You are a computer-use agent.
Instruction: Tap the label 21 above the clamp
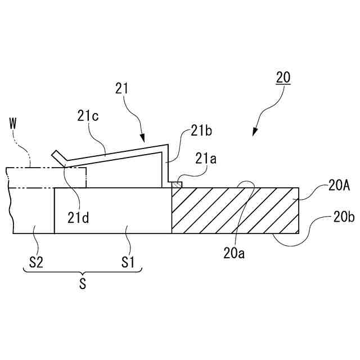(122, 88)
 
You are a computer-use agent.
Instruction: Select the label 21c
(87, 117)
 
